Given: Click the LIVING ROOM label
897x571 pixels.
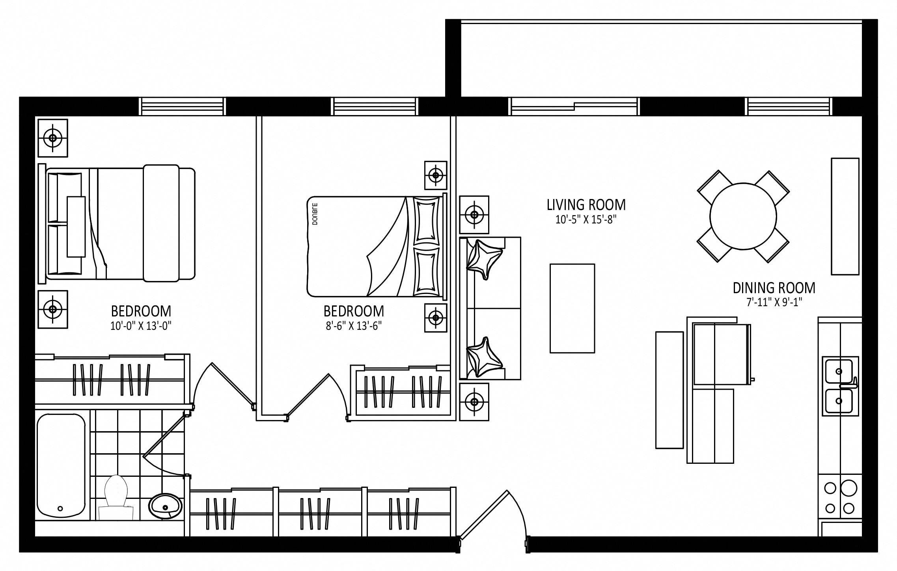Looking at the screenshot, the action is click(586, 205).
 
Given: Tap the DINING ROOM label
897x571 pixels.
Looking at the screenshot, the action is click(774, 288).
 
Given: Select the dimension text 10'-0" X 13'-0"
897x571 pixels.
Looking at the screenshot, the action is click(141, 326).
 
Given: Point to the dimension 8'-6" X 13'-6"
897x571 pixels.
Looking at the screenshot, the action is click(354, 326).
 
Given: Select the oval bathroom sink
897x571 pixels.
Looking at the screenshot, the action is click(166, 505).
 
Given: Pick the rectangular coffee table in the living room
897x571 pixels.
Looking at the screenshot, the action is click(572, 308).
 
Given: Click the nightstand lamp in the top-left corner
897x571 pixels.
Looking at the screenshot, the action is click(52, 138).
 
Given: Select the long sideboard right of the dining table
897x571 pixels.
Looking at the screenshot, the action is click(845, 216).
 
